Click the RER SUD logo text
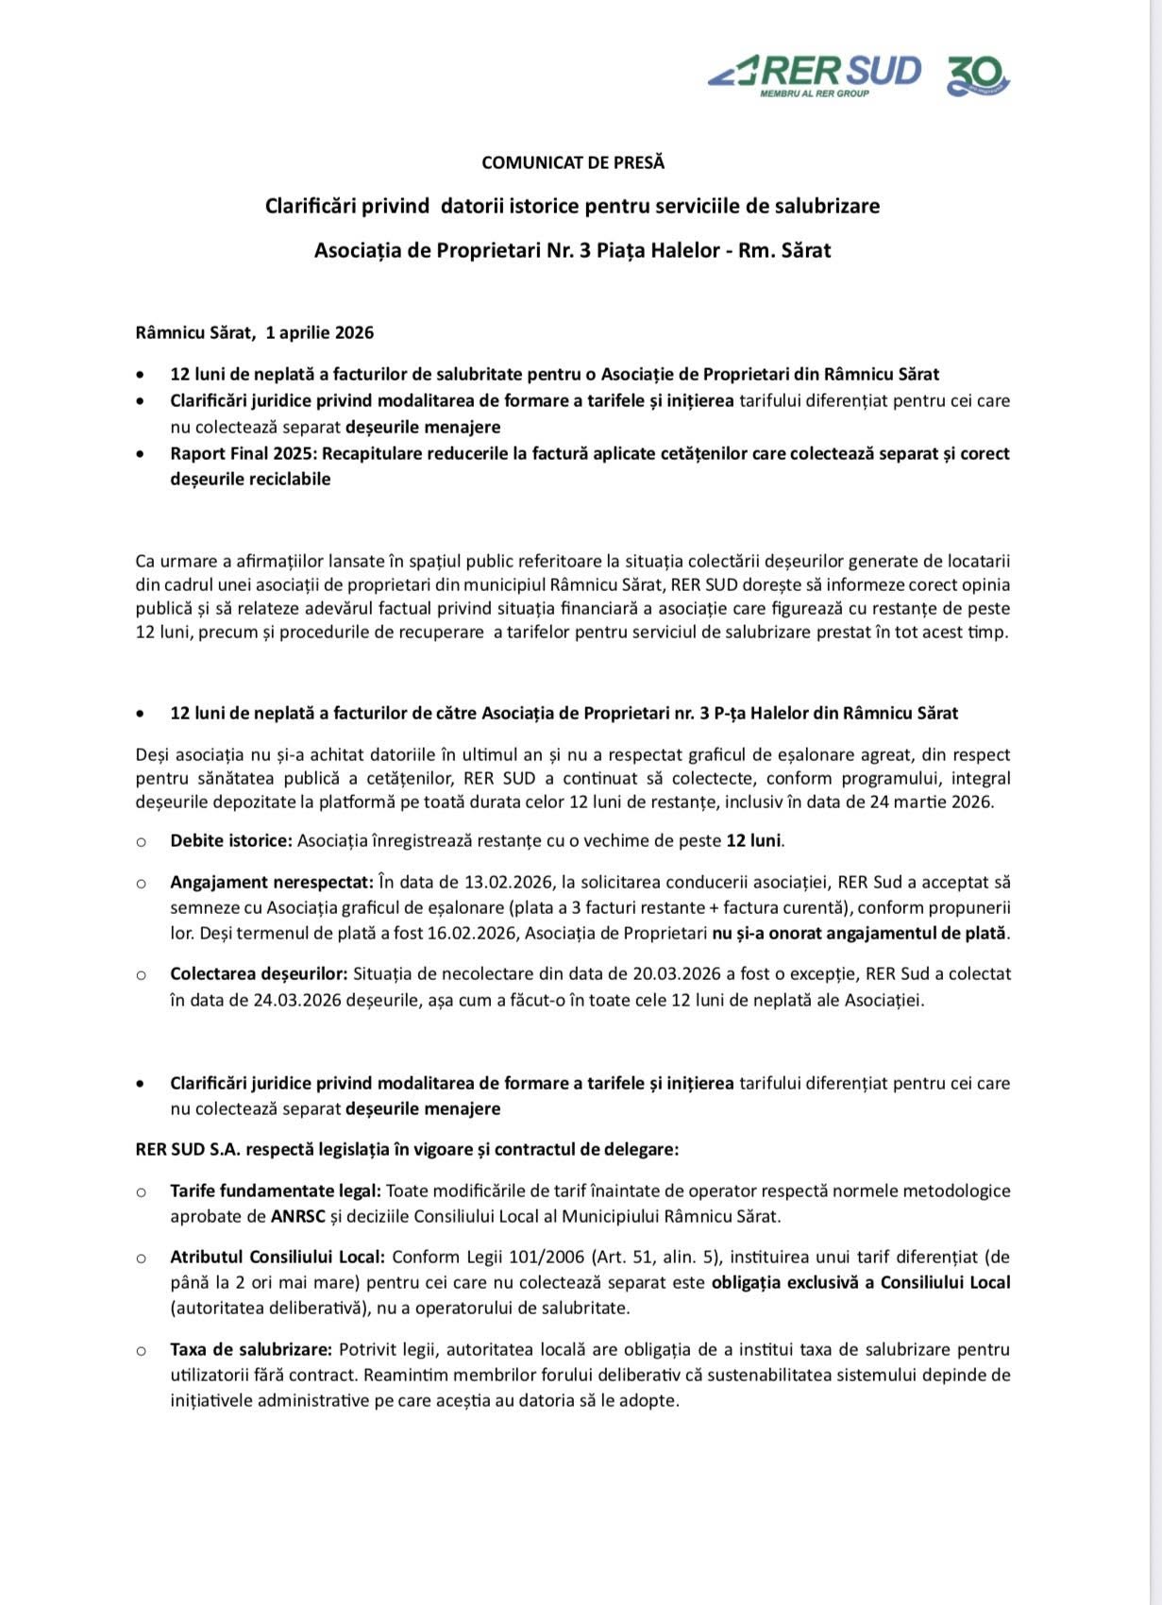[840, 71]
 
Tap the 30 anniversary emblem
[978, 75]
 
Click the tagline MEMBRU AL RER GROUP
[815, 93]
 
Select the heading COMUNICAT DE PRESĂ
[573, 162]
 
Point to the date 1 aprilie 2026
[320, 332]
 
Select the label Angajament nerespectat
[272, 883]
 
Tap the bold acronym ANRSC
[297, 1216]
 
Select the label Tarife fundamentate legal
[276, 1191]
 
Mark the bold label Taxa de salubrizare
[251, 1349]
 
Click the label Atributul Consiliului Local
[278, 1257]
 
